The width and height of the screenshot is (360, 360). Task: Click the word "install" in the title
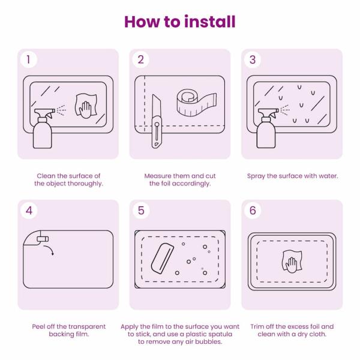(x=210, y=22)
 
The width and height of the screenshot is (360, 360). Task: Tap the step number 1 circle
(x=28, y=59)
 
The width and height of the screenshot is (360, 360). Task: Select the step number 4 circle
(x=29, y=211)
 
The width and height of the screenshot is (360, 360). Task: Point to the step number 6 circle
(x=253, y=211)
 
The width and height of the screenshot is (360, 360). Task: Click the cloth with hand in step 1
(x=86, y=106)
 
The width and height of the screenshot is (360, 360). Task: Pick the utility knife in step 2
(x=157, y=121)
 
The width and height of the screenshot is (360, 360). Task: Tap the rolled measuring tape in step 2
(x=197, y=103)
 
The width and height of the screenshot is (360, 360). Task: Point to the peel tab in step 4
(x=43, y=239)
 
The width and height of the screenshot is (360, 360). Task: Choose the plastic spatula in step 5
(x=162, y=258)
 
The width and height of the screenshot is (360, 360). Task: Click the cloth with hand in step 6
(x=292, y=262)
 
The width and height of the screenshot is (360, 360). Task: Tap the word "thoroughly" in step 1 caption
(x=85, y=184)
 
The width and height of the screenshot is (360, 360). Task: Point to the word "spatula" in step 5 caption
(x=220, y=335)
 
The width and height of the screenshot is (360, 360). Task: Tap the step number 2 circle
(x=141, y=59)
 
